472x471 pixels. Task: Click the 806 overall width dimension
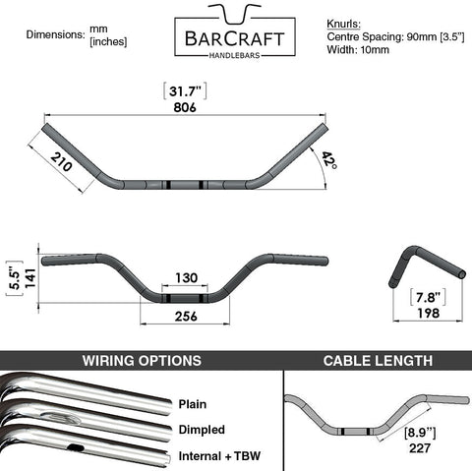pos(185,107)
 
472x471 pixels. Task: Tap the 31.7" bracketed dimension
pos(185,91)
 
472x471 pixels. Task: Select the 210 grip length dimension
pos(61,162)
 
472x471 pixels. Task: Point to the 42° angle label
pos(328,159)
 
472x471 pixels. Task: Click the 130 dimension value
pos(186,278)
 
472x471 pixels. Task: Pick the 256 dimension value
pos(186,317)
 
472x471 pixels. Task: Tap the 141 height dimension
pos(30,278)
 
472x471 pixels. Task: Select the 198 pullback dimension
pos(428,314)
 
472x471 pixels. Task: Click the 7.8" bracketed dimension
pos(428,298)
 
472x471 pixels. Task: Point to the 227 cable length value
pos(420,448)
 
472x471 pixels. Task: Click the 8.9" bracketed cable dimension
pos(420,433)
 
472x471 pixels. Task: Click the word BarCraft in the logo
pos(235,38)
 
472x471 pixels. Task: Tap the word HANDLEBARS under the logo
pos(234,55)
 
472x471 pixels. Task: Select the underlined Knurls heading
pos(343,25)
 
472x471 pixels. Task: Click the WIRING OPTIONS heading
pos(142,361)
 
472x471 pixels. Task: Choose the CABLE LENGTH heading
pos(378,361)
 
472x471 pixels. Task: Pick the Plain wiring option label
pos(193,404)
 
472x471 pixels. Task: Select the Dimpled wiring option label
pos(202,430)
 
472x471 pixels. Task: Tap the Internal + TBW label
pos(219,456)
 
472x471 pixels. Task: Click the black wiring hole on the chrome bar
pos(76,447)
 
